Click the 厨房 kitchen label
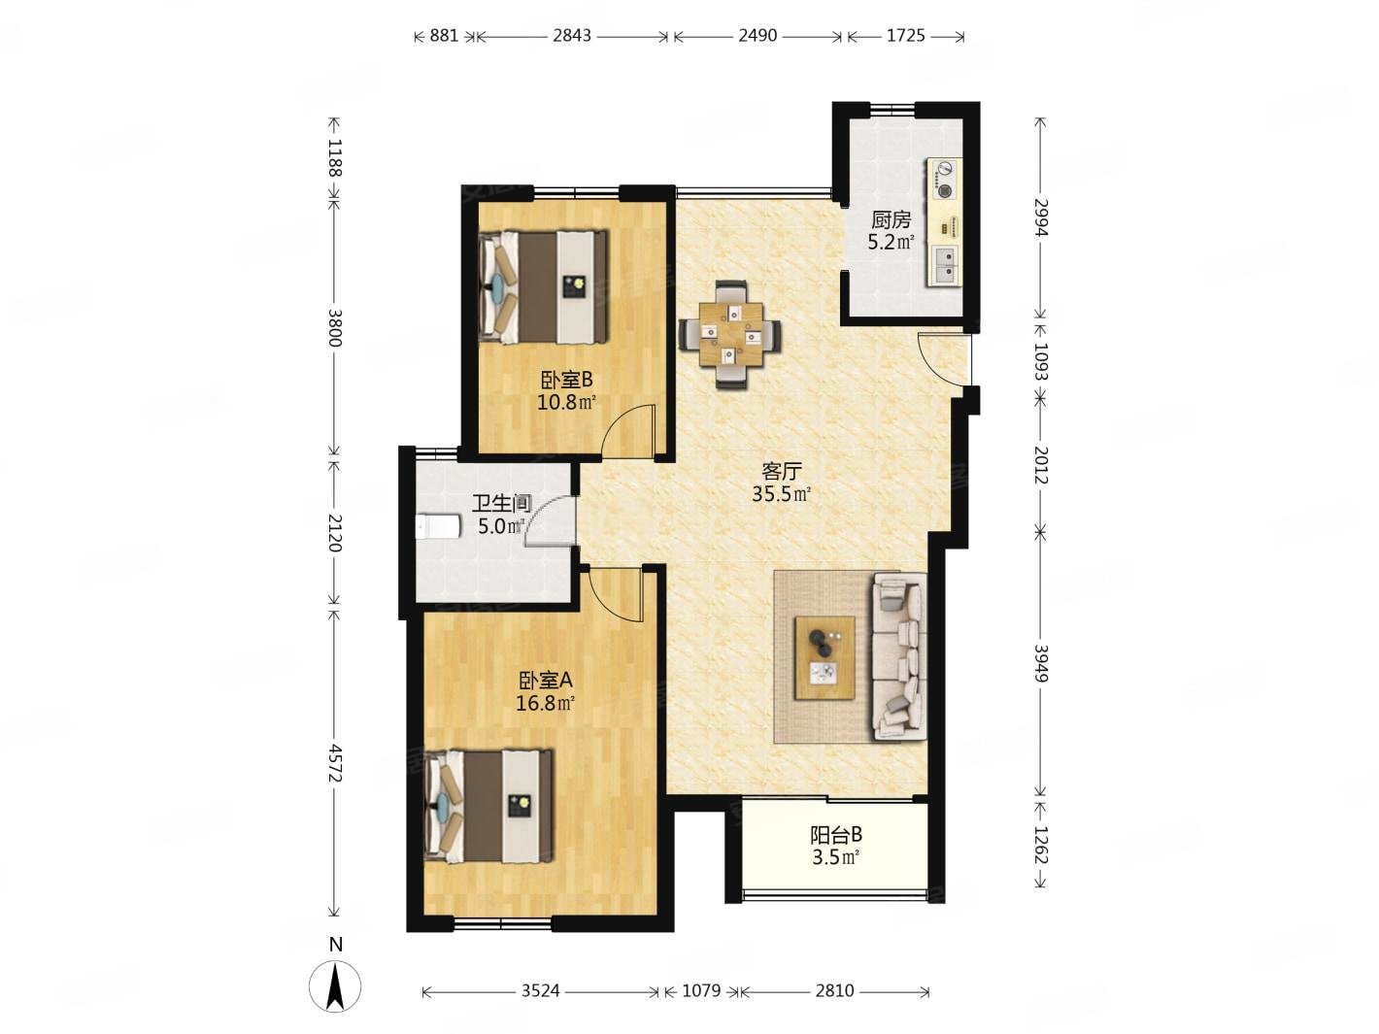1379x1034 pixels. [891, 219]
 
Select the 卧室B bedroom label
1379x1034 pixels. [566, 380]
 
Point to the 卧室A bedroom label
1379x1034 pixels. [545, 680]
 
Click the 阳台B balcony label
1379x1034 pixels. [835, 835]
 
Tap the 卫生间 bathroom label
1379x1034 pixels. [502, 504]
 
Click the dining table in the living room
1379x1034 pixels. [730, 334]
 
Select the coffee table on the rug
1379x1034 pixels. [824, 657]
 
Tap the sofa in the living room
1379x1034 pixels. [898, 656]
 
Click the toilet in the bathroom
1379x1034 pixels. [437, 527]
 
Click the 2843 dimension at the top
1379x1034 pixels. [572, 36]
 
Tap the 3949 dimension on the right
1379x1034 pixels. [1041, 663]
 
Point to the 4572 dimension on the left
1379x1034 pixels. [335, 763]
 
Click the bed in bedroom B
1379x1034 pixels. [543, 287]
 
